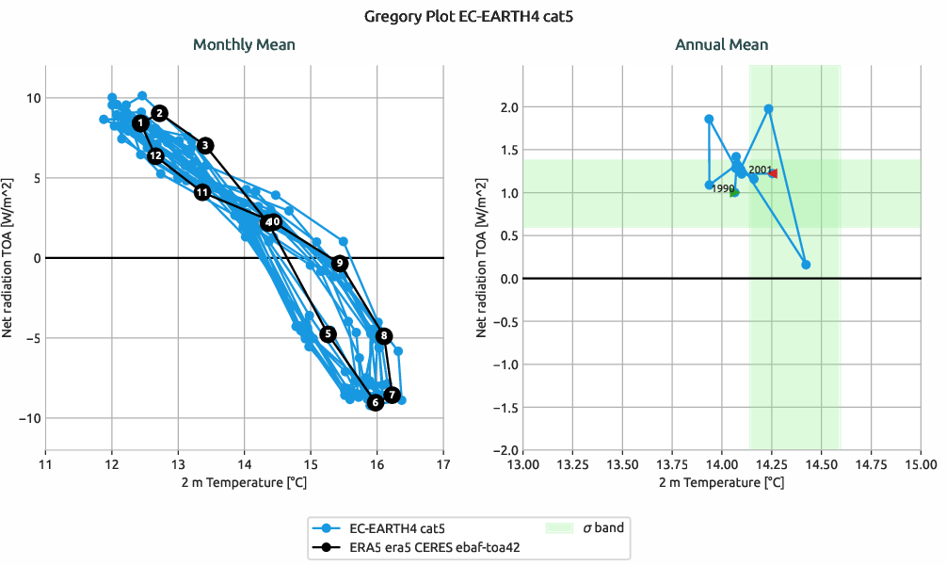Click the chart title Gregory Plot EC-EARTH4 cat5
[473, 16]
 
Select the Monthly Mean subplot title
[244, 44]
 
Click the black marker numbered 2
[160, 113]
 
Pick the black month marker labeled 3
[206, 145]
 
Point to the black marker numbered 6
[375, 403]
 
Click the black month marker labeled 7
[393, 395]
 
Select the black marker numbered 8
[384, 336]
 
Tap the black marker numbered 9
[340, 264]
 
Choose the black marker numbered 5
[328, 334]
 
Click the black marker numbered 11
[202, 192]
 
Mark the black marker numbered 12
[156, 155]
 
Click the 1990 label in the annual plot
[722, 188]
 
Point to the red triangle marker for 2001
[773, 173]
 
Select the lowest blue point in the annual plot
[806, 265]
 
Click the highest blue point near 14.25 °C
[768, 109]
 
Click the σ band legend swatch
[560, 528]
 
